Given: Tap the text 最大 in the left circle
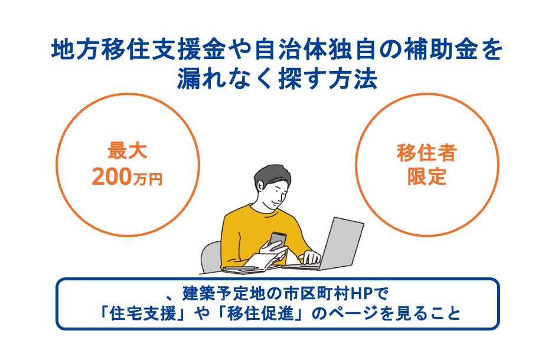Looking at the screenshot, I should tap(127, 152).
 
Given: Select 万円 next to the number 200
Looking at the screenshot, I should tap(149, 179).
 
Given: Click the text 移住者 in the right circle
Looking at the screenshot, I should tap(427, 153).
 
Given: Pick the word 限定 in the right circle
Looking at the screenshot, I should tap(427, 177).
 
